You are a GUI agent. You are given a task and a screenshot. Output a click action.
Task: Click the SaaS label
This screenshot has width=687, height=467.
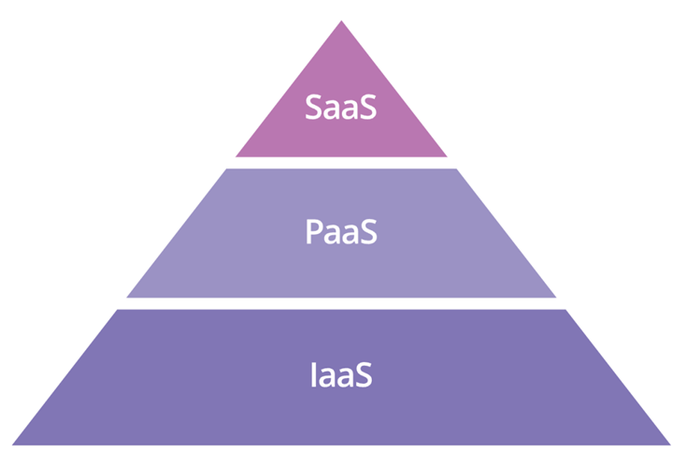pos(341,107)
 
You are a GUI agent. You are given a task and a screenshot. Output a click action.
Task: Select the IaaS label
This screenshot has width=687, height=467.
pos(341,376)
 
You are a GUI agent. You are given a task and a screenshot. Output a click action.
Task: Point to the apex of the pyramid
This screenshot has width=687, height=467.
pos(341,22)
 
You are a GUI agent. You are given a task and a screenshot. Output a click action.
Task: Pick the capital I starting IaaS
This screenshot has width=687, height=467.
pos(312,376)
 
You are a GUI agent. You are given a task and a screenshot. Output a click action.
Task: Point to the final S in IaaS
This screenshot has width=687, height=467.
pos(365,376)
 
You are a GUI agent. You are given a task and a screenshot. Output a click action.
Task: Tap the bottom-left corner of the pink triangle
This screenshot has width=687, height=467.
pos(236,156)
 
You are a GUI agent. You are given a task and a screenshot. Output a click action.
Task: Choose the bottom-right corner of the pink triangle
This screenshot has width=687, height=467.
pos(447,156)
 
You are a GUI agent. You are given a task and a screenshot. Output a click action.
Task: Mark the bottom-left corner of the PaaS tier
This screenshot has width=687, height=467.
pos(127,297)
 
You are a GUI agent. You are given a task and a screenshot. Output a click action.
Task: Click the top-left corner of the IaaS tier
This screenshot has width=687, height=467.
pos(117,310)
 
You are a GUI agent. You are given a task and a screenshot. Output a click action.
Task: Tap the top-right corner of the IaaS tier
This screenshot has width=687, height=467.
pos(565,310)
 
